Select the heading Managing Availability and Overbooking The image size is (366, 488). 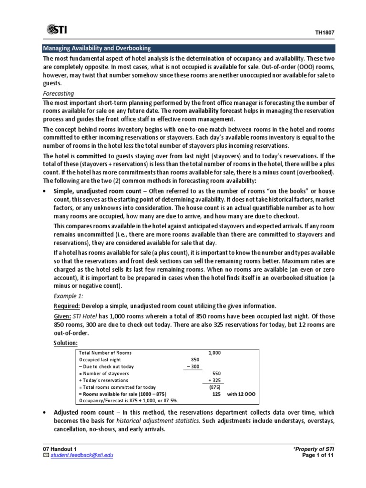click(97, 48)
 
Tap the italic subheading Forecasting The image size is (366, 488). click(58, 94)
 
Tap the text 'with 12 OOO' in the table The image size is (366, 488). click(242, 395)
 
